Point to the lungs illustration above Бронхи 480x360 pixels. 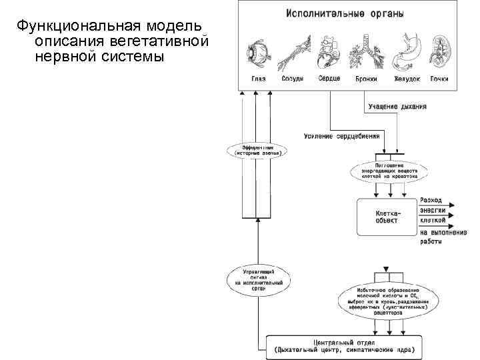pyautogui.click(x=365, y=50)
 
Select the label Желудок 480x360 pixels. pyautogui.click(x=407, y=79)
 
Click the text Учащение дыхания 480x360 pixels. pyautogui.click(x=397, y=106)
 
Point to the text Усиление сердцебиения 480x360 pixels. pyautogui.click(x=341, y=135)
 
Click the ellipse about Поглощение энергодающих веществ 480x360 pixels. pyautogui.click(x=386, y=170)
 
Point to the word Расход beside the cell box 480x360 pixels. pyautogui.click(x=431, y=200)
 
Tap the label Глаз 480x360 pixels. pyautogui.click(x=258, y=79)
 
